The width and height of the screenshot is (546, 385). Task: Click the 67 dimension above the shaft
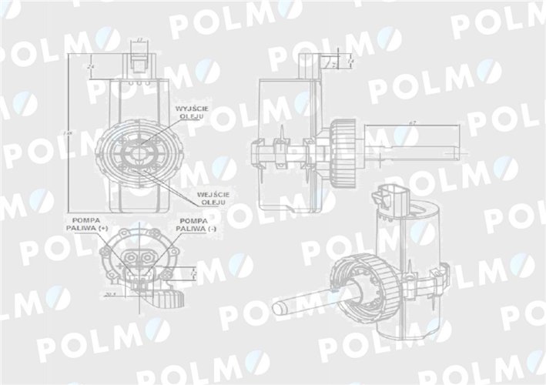point(413,123)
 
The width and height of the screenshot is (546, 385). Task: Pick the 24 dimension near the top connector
point(92,66)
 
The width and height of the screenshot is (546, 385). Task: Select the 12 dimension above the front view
point(139,38)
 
